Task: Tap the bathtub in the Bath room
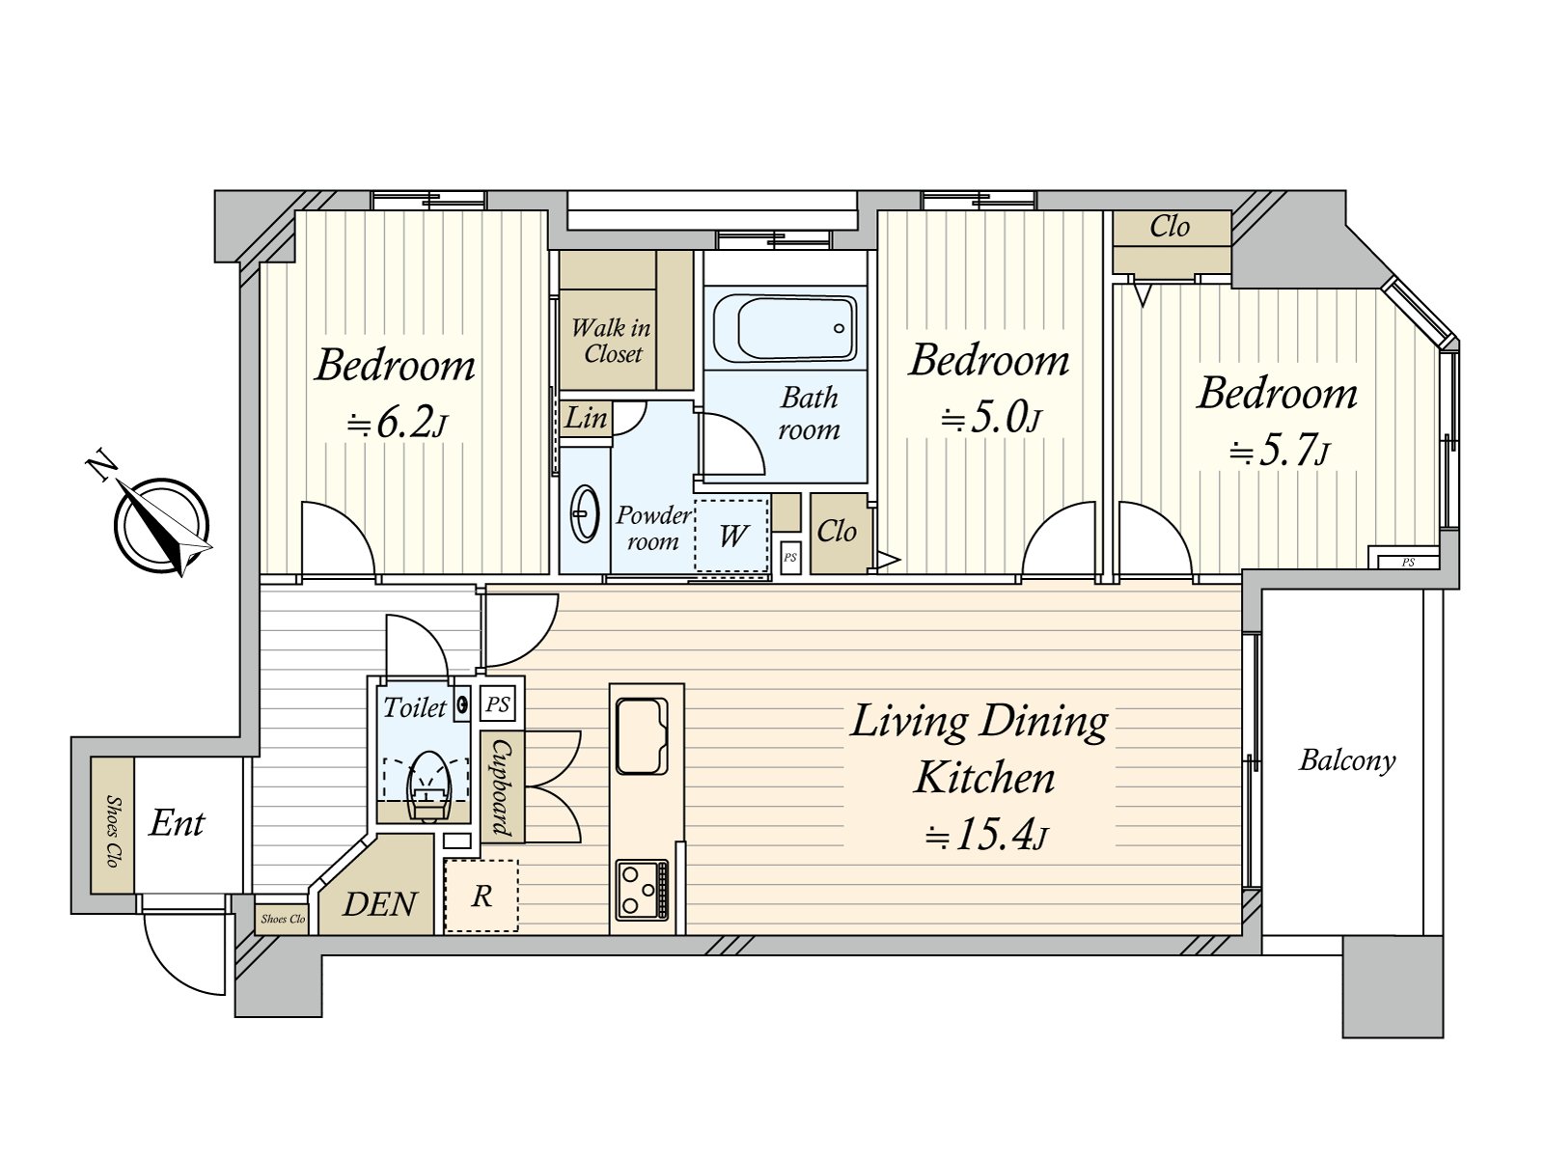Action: point(785,328)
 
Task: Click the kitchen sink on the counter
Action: point(642,735)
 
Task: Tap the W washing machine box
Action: point(733,536)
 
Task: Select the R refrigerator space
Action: point(482,896)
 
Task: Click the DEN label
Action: point(379,904)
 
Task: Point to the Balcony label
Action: point(1347,760)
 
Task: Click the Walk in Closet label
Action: point(612,341)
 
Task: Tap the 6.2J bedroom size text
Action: point(398,423)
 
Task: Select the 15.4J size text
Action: point(985,836)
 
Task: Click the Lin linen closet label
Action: point(586,419)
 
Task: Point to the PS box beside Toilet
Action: point(498,704)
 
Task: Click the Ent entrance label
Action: point(177,823)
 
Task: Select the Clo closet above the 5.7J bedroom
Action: point(1171,228)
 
